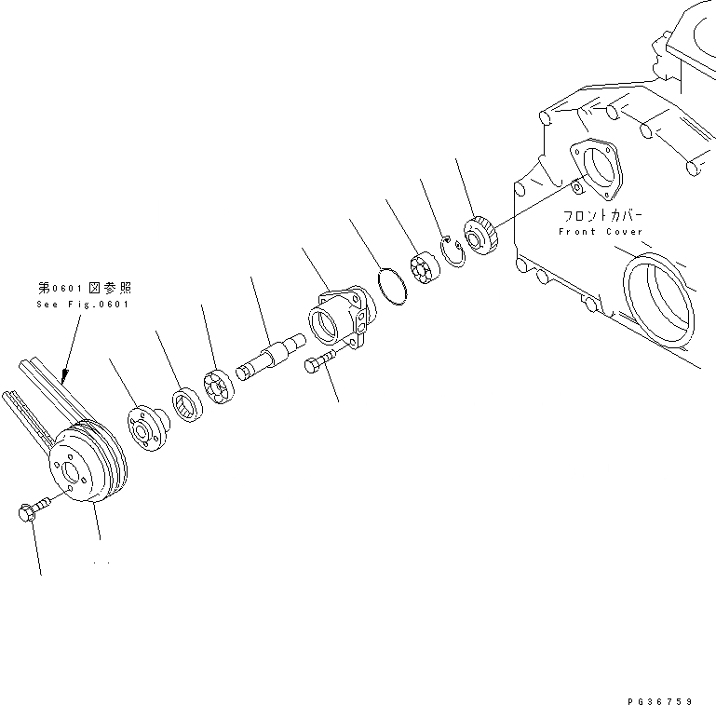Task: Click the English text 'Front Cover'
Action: click(601, 231)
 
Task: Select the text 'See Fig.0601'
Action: click(83, 305)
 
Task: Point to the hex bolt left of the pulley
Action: click(31, 510)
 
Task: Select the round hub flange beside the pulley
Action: click(147, 427)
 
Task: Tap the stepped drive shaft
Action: click(271, 358)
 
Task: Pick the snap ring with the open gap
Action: click(454, 251)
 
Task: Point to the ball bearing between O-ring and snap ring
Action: click(424, 269)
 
